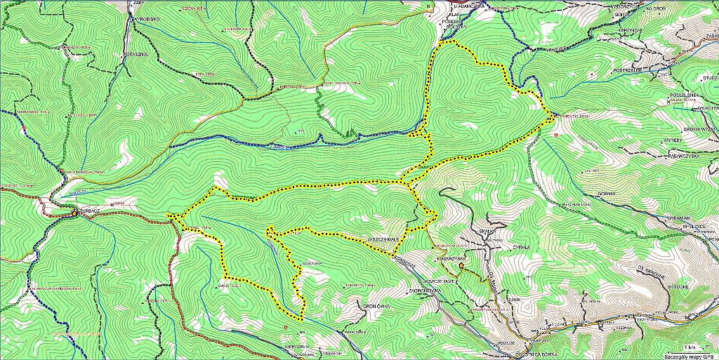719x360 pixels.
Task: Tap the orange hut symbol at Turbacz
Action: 74,212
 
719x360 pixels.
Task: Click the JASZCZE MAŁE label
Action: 383,239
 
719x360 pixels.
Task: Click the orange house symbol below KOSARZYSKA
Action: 461,267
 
